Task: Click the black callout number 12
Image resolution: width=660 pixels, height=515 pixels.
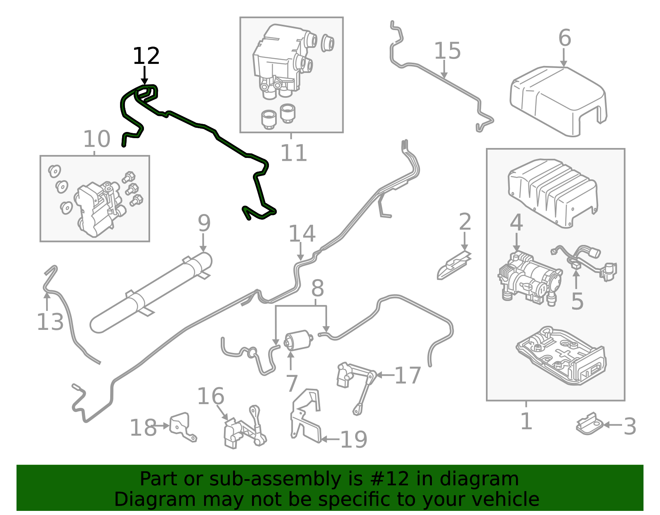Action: click(146, 56)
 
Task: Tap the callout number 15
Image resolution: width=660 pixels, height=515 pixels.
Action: click(447, 51)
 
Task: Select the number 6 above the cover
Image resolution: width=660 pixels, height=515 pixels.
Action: click(564, 38)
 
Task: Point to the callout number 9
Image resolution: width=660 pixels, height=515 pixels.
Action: click(204, 223)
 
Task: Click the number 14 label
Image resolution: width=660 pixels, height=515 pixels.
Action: click(302, 234)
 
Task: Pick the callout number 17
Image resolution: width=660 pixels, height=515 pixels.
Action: click(408, 376)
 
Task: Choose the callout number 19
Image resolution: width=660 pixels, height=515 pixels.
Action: click(354, 440)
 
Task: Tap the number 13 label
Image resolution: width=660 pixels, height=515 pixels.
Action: click(50, 322)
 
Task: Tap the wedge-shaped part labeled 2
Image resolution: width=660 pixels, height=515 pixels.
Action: click(453, 265)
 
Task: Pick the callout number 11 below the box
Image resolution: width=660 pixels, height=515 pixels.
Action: click(294, 153)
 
